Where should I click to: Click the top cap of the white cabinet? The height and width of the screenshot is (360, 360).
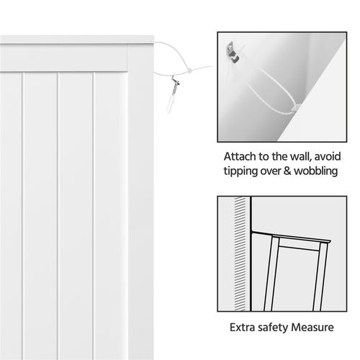click(79, 37)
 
